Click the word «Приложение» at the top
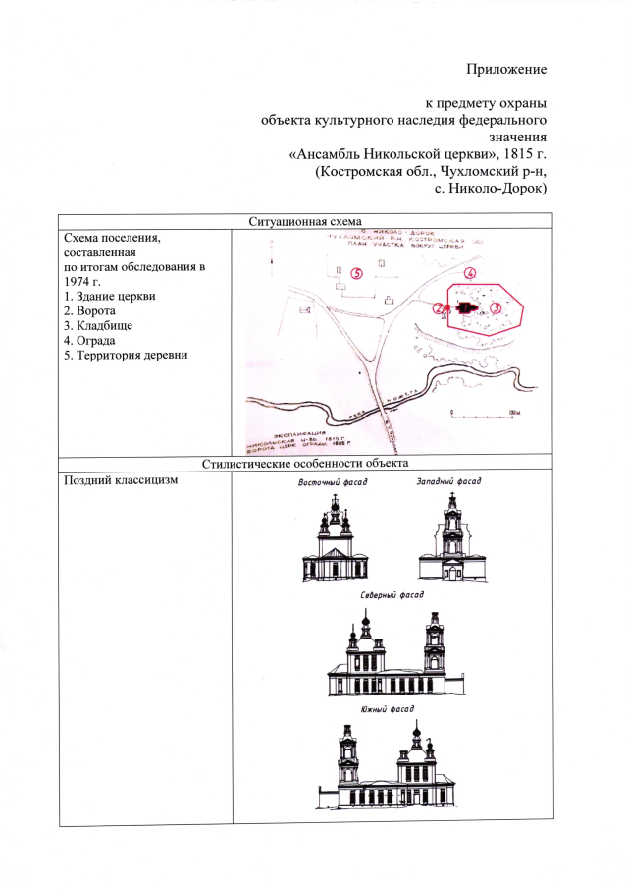[505, 70]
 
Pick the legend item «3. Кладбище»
[96, 326]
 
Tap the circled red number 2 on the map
[439, 307]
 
